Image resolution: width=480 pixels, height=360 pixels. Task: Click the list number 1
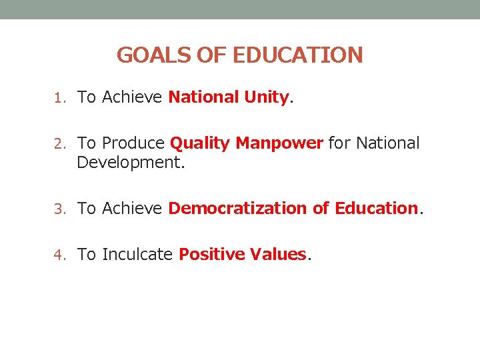click(x=59, y=98)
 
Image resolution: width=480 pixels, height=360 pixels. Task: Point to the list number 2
click(x=59, y=143)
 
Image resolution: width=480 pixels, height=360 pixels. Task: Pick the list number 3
click(x=59, y=209)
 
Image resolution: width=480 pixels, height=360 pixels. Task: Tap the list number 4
click(x=59, y=255)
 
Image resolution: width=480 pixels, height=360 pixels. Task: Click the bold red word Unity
click(x=267, y=98)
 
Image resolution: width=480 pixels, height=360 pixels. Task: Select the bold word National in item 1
click(x=203, y=97)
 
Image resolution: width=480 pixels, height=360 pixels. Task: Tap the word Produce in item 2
click(x=134, y=143)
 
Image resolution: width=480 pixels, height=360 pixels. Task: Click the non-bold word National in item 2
click(x=388, y=143)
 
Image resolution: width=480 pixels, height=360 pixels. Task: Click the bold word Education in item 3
click(x=375, y=209)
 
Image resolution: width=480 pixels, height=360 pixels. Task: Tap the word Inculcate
click(x=138, y=255)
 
